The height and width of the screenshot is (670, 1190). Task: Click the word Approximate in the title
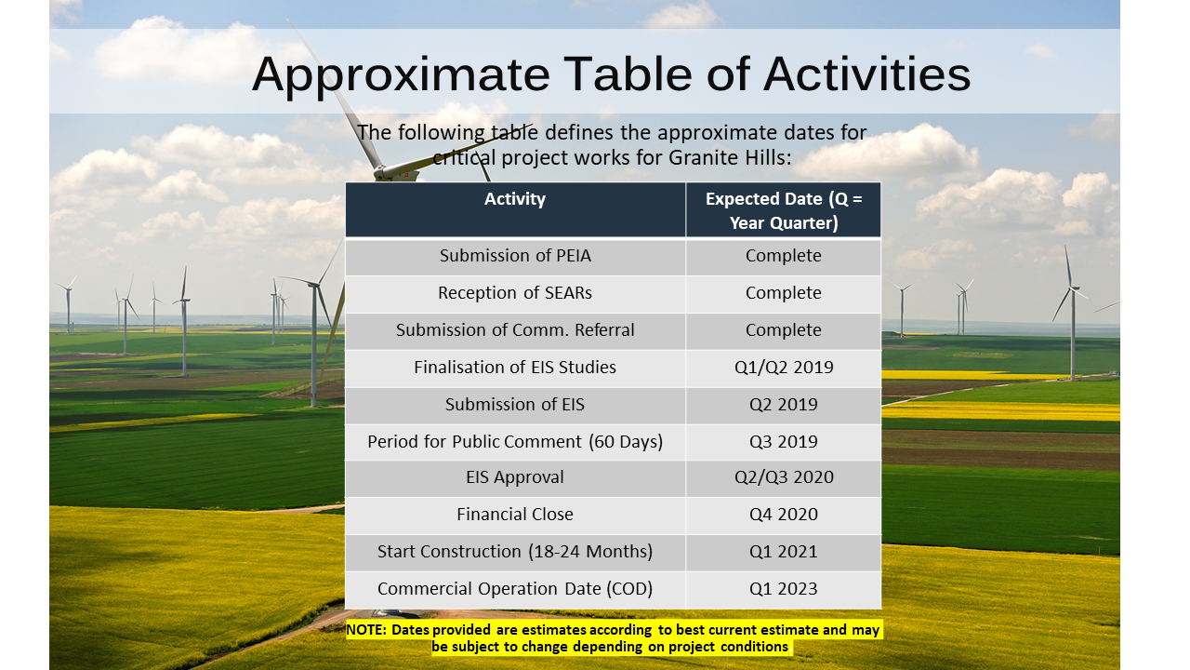tap(401, 75)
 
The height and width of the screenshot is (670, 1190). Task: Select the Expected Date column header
tap(784, 210)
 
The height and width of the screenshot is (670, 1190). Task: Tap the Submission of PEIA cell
tap(515, 256)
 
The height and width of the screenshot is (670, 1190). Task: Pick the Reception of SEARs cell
tap(515, 293)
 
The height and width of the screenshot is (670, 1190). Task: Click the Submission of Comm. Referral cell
tap(515, 330)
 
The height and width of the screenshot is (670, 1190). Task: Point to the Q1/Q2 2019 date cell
tap(784, 368)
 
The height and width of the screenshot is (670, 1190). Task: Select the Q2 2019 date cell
tap(784, 405)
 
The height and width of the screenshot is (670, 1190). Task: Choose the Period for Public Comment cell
tap(515, 442)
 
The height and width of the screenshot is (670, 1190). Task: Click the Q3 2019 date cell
tap(784, 442)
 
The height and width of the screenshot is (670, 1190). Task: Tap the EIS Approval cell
tap(515, 477)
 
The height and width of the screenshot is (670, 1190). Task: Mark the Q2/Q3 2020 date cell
tap(784, 477)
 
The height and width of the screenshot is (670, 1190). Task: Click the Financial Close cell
tap(515, 515)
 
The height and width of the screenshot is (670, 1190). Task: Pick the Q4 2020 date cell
tap(784, 515)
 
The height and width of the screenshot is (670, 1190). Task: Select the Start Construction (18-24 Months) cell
tap(515, 552)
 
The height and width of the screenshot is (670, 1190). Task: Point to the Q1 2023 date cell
tap(784, 589)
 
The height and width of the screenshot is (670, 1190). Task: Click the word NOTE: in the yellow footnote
tap(366, 630)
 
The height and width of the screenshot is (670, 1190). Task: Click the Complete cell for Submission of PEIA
tap(784, 256)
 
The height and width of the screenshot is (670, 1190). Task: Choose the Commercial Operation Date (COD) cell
tap(515, 589)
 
